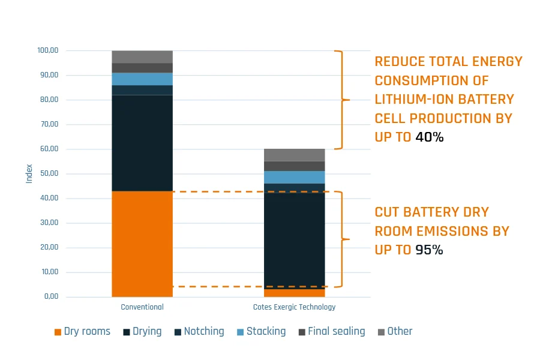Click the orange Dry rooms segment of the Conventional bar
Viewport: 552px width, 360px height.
click(x=142, y=244)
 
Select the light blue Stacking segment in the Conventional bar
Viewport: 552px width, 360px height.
click(x=142, y=79)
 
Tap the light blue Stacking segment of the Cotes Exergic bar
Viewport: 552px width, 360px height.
click(x=295, y=177)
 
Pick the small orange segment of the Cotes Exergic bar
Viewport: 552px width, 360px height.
click(x=295, y=293)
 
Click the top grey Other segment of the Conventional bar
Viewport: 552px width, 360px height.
click(x=142, y=56)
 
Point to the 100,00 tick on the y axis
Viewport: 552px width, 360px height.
click(x=47, y=50)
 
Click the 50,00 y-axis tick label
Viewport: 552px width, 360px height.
click(x=49, y=173)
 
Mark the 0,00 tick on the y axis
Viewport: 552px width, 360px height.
click(x=50, y=296)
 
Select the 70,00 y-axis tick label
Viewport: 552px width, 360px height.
click(x=49, y=124)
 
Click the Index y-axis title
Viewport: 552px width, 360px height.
click(x=29, y=173)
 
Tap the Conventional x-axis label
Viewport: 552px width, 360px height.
click(x=142, y=307)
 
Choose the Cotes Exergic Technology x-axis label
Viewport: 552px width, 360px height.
click(x=294, y=307)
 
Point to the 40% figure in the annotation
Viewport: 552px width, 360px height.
click(x=430, y=137)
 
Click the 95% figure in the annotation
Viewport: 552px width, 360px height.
click(x=429, y=250)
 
